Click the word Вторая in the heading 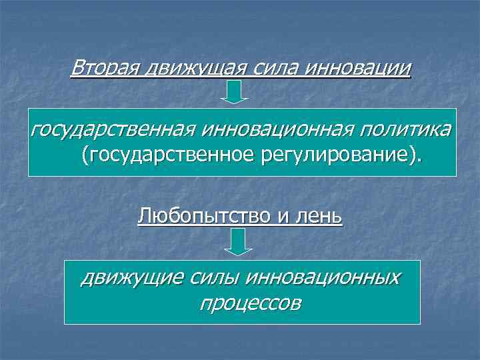tap(99, 68)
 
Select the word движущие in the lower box tap(126, 277)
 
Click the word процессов tap(249, 303)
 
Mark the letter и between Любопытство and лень tap(293, 217)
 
